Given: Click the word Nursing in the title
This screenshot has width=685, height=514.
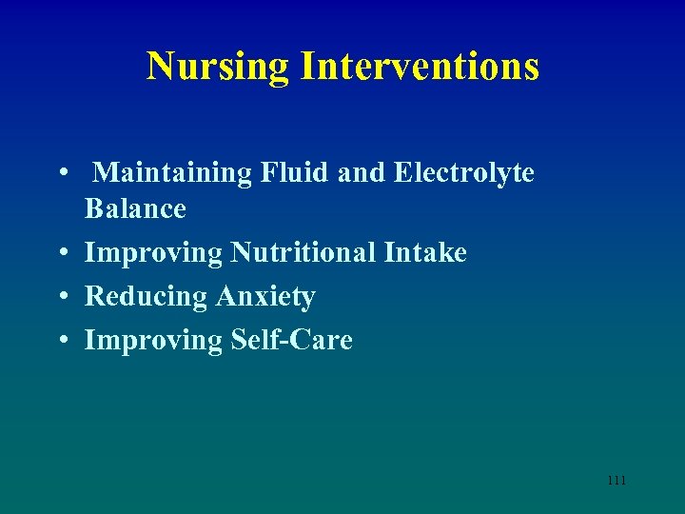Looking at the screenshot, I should (x=218, y=67).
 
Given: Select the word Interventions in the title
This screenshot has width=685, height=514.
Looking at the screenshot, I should (x=420, y=67).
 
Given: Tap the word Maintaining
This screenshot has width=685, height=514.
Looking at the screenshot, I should (x=170, y=174).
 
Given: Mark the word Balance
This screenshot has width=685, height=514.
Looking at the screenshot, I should (x=135, y=208).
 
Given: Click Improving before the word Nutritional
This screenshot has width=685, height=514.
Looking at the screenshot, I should (x=153, y=254).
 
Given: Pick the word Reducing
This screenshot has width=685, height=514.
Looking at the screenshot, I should (x=146, y=298).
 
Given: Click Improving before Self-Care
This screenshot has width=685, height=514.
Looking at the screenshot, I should (x=153, y=342).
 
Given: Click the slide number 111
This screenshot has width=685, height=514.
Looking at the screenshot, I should (x=616, y=481).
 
